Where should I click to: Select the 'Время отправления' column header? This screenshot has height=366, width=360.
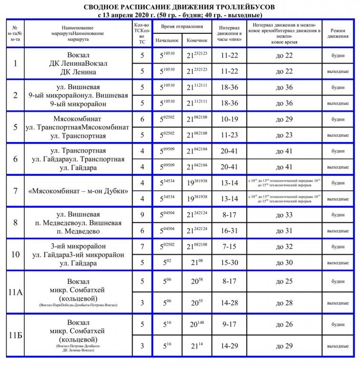click(x=178, y=27)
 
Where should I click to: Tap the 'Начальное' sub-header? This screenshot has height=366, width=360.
click(x=167, y=41)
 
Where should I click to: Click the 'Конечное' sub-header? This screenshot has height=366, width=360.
click(x=197, y=41)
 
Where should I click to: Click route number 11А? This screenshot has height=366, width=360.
click(x=16, y=292)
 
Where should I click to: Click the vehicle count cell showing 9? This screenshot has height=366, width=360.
click(x=141, y=215)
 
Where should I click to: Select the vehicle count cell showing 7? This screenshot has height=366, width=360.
click(x=141, y=247)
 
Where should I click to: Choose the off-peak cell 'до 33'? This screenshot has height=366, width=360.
click(x=284, y=215)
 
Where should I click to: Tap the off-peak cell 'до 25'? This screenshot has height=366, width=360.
click(x=284, y=281)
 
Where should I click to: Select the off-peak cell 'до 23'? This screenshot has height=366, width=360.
click(x=284, y=135)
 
